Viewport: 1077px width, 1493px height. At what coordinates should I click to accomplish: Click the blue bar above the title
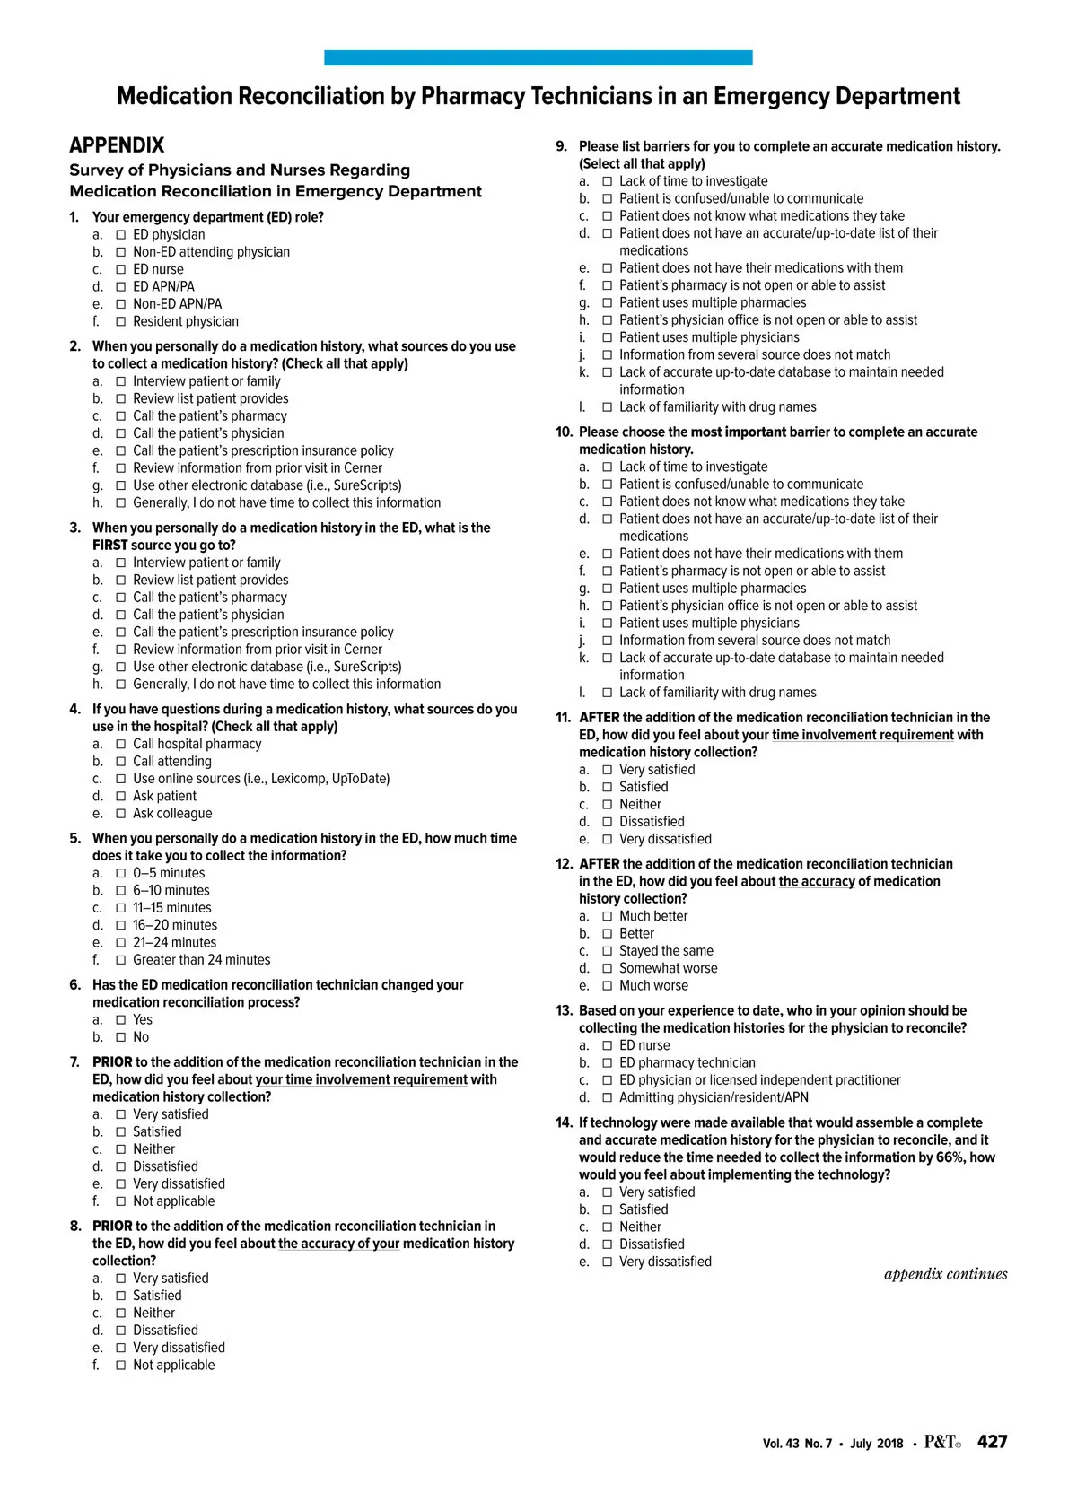[538, 57]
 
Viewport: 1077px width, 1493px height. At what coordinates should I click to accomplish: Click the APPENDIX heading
[117, 145]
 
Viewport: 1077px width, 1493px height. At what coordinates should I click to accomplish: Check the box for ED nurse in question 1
[121, 269]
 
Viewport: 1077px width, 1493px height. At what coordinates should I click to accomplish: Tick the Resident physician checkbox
[121, 321]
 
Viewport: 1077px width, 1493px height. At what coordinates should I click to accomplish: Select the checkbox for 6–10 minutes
[121, 890]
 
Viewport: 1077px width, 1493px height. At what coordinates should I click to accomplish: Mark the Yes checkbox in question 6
[121, 1019]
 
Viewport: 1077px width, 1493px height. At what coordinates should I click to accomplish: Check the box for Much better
[608, 916]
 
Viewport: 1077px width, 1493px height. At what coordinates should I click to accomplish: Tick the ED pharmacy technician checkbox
[608, 1062]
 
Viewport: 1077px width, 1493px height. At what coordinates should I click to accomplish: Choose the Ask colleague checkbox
[121, 813]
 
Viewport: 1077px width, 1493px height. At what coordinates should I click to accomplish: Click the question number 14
[564, 1122]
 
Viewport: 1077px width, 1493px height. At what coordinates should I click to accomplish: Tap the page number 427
[992, 1441]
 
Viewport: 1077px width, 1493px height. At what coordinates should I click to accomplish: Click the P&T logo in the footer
[941, 1442]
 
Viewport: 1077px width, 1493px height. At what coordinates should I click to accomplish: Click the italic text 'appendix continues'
[945, 1274]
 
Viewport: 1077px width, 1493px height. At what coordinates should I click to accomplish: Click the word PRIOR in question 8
[112, 1226]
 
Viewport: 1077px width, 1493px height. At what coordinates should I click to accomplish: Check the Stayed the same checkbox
[608, 951]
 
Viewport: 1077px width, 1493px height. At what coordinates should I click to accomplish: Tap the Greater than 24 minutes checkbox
[121, 959]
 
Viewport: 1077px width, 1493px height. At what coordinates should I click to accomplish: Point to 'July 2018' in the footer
[877, 1444]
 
